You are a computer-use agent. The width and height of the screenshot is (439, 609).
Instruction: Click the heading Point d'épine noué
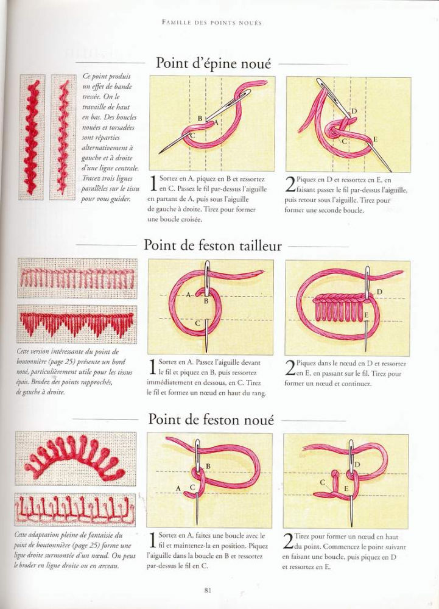(x=213, y=63)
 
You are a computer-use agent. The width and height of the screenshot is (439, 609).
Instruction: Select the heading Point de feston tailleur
(x=212, y=245)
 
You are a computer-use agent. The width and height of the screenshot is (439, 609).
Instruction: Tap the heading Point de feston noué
(x=211, y=420)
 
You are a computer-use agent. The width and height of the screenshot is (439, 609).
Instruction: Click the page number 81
(x=208, y=590)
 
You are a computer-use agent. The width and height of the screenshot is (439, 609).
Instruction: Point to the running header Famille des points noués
(x=212, y=23)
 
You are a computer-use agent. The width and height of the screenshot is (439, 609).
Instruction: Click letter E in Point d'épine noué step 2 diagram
(x=375, y=140)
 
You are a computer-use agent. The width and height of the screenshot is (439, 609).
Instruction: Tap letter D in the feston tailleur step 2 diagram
(x=379, y=292)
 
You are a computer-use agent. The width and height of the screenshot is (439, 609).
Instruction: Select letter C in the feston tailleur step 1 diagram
(x=197, y=323)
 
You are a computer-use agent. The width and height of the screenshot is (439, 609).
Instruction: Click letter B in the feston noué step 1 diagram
(x=208, y=466)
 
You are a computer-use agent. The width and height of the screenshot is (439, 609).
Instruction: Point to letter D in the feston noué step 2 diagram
(x=358, y=465)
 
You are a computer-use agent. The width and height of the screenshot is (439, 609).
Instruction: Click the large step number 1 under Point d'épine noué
(x=153, y=183)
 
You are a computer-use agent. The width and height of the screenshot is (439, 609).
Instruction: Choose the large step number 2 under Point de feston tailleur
(x=290, y=368)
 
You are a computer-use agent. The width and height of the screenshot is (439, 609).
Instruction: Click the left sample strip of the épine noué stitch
(x=32, y=137)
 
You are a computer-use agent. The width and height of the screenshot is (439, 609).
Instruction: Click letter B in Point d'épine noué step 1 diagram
(x=200, y=118)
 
